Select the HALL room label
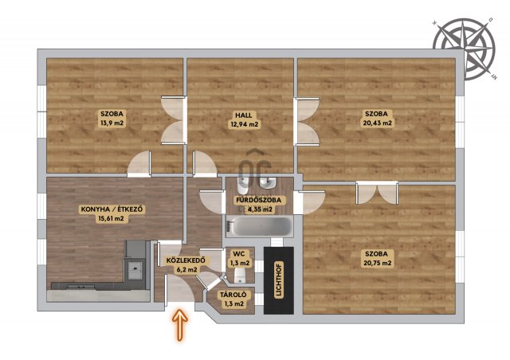[x=244, y=115]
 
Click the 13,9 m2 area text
[x=112, y=123]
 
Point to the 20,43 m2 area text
[x=377, y=123]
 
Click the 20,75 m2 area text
[x=377, y=263]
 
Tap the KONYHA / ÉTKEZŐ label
[x=112, y=209]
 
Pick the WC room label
[x=240, y=254]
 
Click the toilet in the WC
[x=240, y=276]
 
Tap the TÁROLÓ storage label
[x=233, y=295]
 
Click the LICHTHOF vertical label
[x=279, y=280]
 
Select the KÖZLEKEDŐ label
[x=186, y=260]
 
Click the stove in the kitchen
[x=134, y=268]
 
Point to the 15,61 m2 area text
[x=112, y=218]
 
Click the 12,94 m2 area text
[x=244, y=124]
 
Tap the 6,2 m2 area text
[x=186, y=269]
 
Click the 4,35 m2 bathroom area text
[x=260, y=209]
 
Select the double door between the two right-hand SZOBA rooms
[x=377, y=193]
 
